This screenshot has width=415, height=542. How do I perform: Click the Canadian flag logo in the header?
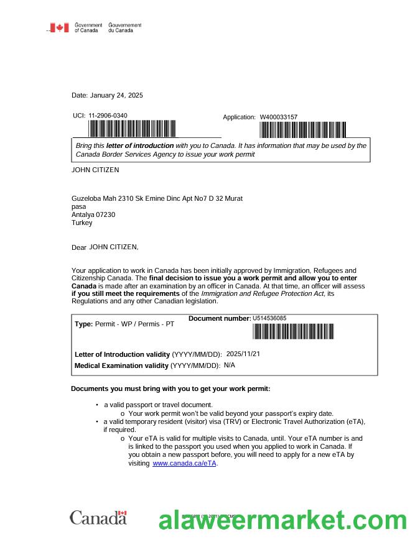click(x=60, y=27)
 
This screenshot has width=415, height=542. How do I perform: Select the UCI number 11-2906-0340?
click(x=108, y=116)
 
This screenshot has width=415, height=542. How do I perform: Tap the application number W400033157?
click(x=279, y=117)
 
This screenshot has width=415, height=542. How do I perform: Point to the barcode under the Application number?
click(x=302, y=129)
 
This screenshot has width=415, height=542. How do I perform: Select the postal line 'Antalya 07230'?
click(x=93, y=214)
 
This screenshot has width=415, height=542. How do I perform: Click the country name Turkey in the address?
click(x=82, y=223)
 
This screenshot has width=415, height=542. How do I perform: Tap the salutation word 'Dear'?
click(x=79, y=247)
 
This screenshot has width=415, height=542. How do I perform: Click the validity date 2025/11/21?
click(x=243, y=354)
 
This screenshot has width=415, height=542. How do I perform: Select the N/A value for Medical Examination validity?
click(x=229, y=365)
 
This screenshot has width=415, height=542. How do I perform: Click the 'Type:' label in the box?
click(x=83, y=324)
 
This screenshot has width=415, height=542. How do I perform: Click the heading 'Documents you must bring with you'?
click(x=170, y=388)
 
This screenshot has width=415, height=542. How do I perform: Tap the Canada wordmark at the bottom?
click(x=98, y=518)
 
